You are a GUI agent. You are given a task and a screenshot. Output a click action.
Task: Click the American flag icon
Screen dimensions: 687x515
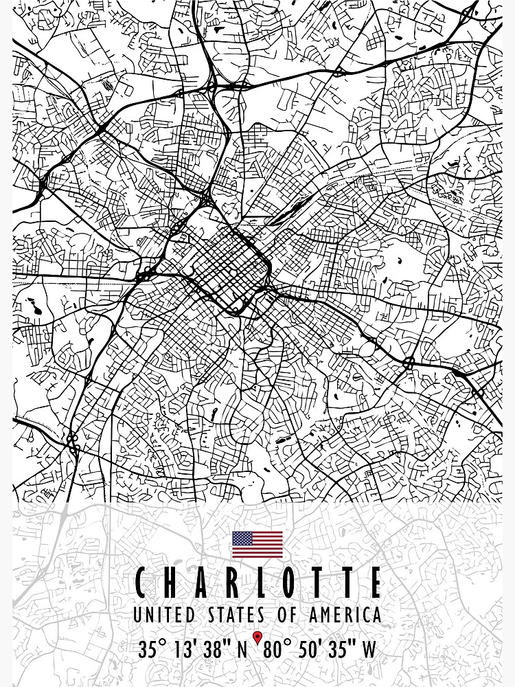[x=257, y=544]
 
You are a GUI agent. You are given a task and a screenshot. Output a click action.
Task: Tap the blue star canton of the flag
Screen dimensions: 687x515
[x=242, y=538]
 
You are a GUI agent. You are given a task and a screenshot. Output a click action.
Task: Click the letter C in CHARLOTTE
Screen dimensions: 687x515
[x=141, y=583]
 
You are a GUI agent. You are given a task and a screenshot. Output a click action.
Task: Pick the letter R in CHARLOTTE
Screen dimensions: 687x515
[x=233, y=583]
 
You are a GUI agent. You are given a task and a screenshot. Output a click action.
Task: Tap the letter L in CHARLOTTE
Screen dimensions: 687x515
[x=262, y=583]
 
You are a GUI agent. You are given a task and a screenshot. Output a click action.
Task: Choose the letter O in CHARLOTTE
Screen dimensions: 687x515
[x=292, y=583]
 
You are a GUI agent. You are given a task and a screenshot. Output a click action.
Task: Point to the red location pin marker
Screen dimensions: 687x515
[x=257, y=638]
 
